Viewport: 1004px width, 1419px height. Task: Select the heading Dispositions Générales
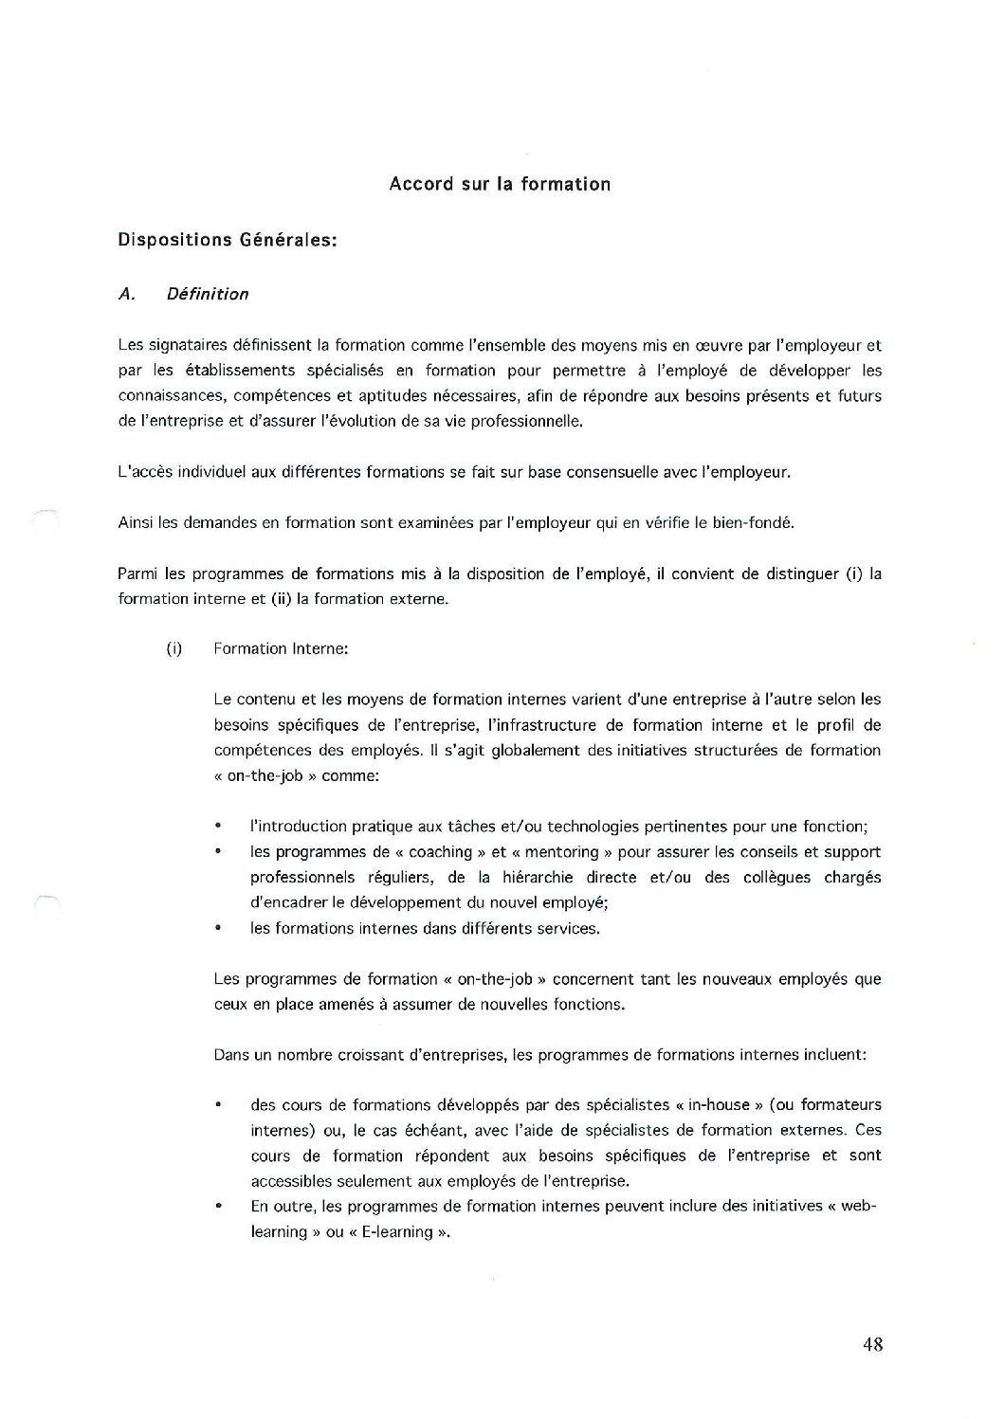[x=228, y=241]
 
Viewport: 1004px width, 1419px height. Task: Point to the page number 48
[x=873, y=1344]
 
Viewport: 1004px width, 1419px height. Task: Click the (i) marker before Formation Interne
[x=173, y=649]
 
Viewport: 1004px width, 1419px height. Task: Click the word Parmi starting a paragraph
[x=137, y=573]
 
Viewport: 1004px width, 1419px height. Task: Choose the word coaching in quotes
[x=440, y=852]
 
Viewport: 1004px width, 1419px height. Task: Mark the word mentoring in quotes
[x=561, y=852]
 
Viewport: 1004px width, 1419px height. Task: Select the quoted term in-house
[x=726, y=1105]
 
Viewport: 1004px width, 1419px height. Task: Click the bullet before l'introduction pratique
[x=219, y=828]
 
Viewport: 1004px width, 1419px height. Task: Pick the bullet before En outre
[x=219, y=1208]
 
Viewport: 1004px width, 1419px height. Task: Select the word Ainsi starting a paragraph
[x=136, y=522]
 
